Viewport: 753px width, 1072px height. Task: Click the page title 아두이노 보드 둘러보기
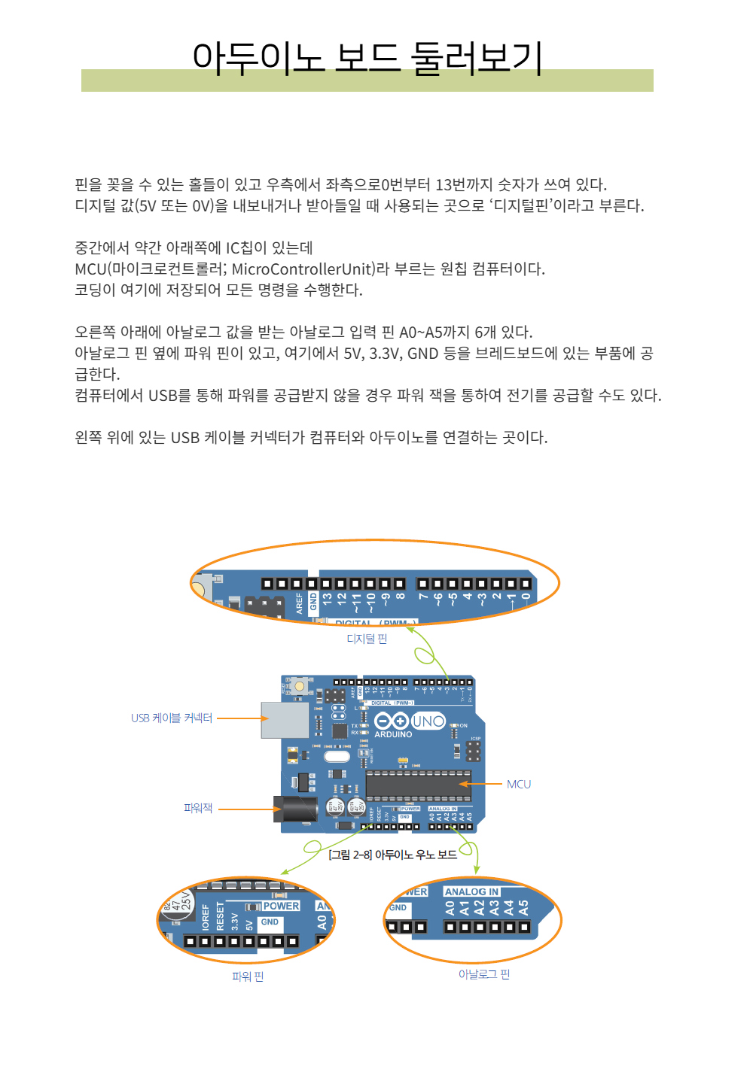(x=367, y=58)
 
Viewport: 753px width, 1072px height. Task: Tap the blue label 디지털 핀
(x=367, y=639)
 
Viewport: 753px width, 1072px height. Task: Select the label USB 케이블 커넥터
(x=172, y=718)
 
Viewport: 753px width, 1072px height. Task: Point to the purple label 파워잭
(x=198, y=808)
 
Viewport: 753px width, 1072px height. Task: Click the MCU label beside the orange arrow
(x=519, y=784)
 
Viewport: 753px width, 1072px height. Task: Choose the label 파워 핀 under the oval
(x=248, y=976)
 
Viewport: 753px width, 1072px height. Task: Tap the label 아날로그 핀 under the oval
(x=484, y=974)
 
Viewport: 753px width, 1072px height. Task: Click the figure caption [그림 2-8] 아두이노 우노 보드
(x=392, y=855)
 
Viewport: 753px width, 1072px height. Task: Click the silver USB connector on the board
(x=285, y=720)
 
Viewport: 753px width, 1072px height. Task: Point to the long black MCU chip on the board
(x=419, y=784)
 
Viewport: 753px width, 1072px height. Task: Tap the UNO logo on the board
(x=428, y=721)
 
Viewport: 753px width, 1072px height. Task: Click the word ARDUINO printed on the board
(x=393, y=734)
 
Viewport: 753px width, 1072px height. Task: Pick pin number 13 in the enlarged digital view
(x=328, y=600)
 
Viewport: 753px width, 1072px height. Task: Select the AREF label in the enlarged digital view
(x=299, y=603)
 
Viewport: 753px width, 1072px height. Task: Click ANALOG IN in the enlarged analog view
(x=471, y=891)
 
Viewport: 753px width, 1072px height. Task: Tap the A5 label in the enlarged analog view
(x=523, y=907)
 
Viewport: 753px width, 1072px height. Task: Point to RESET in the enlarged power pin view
(x=221, y=916)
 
